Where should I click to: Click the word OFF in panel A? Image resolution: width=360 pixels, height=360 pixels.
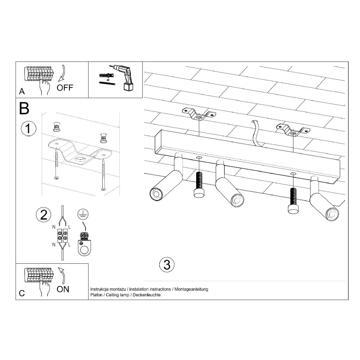(65, 88)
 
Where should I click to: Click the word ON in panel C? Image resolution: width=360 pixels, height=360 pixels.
(63, 289)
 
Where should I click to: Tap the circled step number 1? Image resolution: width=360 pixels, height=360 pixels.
(28, 128)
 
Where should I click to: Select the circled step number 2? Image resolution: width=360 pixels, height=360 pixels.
(44, 215)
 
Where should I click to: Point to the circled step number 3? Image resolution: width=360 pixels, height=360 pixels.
(167, 264)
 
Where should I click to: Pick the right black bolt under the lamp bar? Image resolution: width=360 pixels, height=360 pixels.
(294, 201)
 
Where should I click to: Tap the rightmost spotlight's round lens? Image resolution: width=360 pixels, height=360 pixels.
(332, 214)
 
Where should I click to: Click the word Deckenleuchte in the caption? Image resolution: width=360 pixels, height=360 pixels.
(147, 295)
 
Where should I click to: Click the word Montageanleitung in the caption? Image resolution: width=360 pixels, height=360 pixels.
(191, 289)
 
